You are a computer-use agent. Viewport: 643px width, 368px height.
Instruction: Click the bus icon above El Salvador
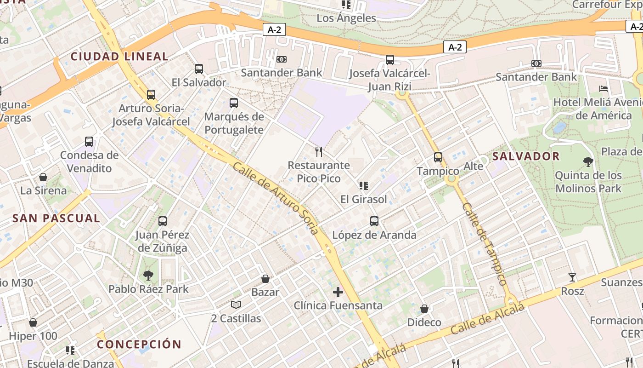coord(199,69)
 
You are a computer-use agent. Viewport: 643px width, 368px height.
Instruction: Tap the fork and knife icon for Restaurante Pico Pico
coord(319,151)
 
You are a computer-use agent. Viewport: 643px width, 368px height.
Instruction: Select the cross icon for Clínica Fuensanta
coord(338,292)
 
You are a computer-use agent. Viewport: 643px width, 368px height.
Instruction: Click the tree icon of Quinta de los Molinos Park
coord(588,161)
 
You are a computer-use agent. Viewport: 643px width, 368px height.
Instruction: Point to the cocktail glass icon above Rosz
coord(572,277)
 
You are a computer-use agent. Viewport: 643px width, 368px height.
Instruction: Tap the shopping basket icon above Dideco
coord(424,309)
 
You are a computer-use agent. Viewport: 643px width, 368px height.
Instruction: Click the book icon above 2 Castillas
coord(236,305)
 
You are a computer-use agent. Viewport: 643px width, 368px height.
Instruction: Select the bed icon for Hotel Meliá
coord(604,88)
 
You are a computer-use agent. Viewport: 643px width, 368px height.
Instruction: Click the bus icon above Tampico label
coord(438,157)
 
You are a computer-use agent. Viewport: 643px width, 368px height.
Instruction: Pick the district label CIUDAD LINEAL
coord(119,57)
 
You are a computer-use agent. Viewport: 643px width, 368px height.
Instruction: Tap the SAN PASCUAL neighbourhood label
coord(56,218)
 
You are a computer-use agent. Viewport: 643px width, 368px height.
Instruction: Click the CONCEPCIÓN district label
coord(139,344)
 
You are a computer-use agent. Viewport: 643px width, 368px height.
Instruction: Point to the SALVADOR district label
coord(526,156)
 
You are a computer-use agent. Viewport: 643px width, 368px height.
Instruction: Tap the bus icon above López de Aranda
coord(374,221)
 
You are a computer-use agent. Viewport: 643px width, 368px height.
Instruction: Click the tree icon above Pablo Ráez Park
coord(148,276)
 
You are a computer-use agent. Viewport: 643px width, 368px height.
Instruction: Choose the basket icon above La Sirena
coord(43,177)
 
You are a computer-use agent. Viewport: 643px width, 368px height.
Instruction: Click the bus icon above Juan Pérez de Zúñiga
coord(162,221)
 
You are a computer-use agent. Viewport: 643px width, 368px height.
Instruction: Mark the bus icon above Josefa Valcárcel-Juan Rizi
coord(390,60)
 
